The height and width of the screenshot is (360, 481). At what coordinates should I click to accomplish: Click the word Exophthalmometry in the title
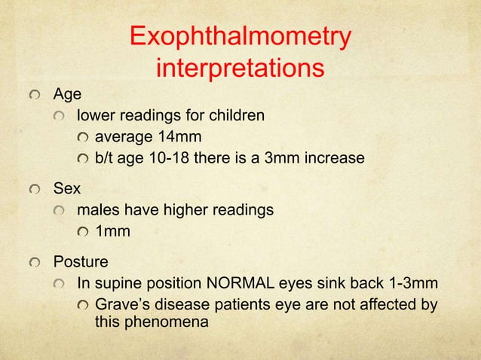[240, 38]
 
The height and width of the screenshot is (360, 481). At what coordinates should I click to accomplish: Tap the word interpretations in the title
[240, 69]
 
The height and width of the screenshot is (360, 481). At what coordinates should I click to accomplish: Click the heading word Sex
[66, 189]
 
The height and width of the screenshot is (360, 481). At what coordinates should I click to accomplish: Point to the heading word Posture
[80, 263]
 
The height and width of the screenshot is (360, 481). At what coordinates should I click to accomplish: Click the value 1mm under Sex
[112, 231]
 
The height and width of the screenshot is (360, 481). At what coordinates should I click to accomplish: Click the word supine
[118, 284]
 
